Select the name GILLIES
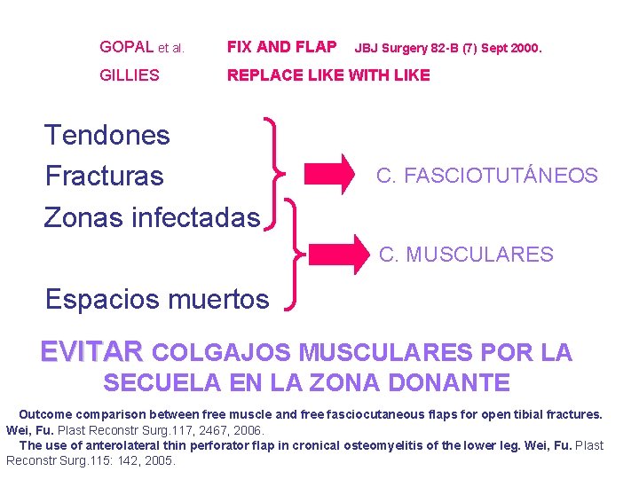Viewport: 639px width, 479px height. pyautogui.click(x=130, y=75)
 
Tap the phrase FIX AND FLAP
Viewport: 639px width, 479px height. pyautogui.click(x=281, y=47)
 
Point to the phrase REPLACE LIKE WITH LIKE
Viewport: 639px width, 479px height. pyautogui.click(x=328, y=75)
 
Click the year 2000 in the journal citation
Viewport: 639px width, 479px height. pyautogui.click(x=523, y=48)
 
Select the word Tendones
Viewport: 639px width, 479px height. pyautogui.click(x=106, y=135)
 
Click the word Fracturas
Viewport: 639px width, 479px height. pyautogui.click(x=105, y=176)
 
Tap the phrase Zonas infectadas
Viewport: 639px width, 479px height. pyautogui.click(x=152, y=216)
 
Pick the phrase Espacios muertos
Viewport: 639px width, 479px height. pyautogui.click(x=157, y=299)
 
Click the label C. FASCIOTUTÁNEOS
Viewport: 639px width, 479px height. pyautogui.click(x=486, y=176)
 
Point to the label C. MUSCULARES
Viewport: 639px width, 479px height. pyautogui.click(x=466, y=255)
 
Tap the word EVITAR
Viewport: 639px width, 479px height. pyautogui.click(x=91, y=353)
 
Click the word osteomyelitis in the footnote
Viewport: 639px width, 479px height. pyautogui.click(x=391, y=445)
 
